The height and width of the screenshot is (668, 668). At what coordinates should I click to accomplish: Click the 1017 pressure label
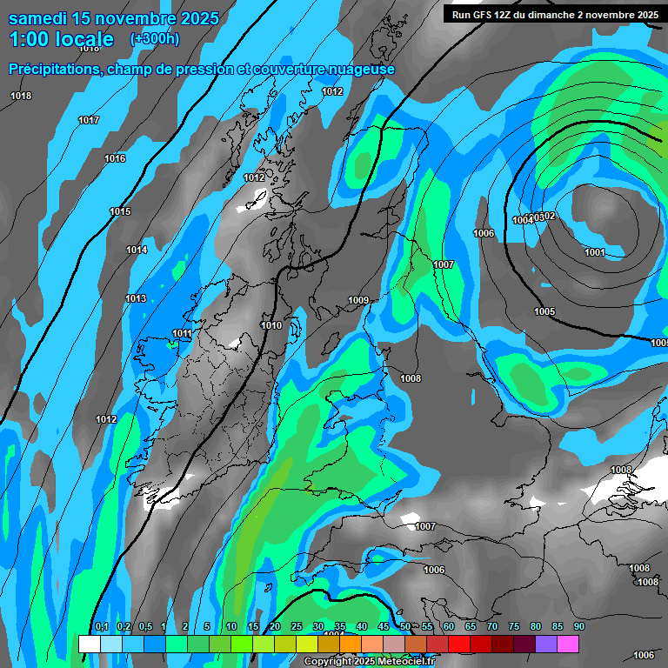89,120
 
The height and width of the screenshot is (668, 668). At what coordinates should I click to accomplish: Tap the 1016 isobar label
115,158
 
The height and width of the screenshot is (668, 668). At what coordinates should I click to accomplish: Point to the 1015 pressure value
120,211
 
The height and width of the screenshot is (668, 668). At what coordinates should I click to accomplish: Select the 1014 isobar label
137,250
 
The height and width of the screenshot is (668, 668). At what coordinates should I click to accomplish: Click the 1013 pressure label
136,298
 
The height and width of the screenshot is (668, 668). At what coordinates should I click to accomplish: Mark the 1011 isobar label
182,333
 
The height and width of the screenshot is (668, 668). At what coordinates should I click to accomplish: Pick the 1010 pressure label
271,325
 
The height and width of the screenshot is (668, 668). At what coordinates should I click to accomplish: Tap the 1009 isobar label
358,300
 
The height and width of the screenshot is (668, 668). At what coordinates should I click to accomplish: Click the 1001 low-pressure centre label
595,252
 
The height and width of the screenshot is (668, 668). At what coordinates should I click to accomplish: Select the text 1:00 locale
61,39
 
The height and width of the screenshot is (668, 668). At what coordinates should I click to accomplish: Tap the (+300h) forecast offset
155,38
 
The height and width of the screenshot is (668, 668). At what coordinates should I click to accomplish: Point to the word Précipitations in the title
51,69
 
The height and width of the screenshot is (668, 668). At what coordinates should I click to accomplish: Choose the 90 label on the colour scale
578,626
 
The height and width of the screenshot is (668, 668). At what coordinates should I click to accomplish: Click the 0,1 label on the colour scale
101,626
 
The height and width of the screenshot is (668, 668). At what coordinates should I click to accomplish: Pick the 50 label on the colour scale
405,626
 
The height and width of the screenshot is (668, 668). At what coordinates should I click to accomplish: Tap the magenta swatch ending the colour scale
568,644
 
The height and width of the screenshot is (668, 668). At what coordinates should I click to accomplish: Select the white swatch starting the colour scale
89,644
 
